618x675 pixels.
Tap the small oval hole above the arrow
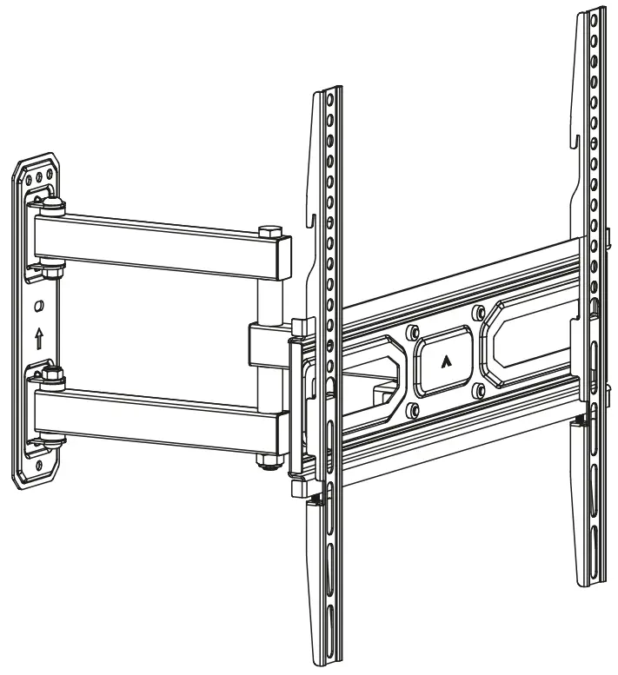click(38, 307)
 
